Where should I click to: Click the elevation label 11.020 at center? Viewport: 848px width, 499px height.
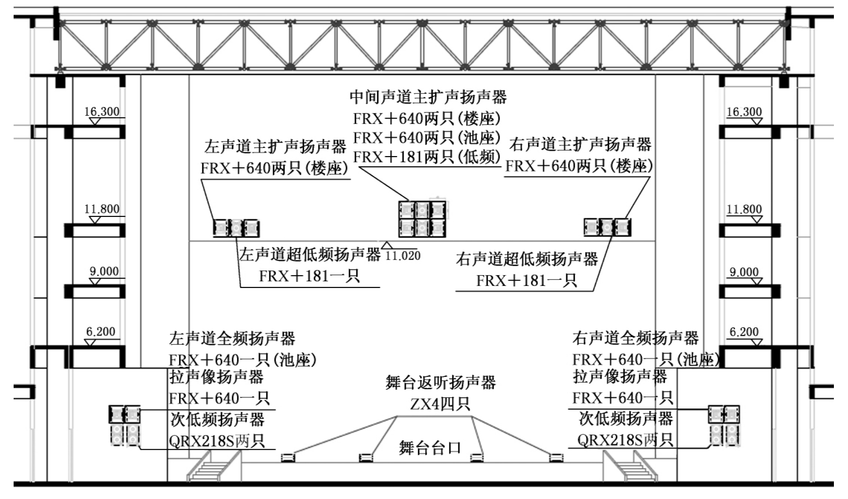(x=403, y=255)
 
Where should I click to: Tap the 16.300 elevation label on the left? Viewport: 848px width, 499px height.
(x=102, y=111)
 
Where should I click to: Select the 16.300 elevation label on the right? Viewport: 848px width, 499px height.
(x=744, y=112)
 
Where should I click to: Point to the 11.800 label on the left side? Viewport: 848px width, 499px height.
(x=102, y=209)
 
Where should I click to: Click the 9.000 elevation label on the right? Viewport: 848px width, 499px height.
(x=744, y=272)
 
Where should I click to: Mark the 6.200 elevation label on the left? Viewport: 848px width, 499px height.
(x=101, y=332)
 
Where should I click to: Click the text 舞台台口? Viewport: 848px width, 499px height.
(x=430, y=447)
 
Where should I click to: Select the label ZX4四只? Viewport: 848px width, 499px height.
(x=440, y=404)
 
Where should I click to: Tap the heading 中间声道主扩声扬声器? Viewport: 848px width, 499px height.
(x=428, y=97)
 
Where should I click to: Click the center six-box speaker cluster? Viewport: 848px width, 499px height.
(x=422, y=219)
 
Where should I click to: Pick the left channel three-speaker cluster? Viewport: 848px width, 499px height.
(x=236, y=228)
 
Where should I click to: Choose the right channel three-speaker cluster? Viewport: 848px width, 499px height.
(x=607, y=227)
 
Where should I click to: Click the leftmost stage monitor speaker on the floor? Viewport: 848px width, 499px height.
(x=288, y=457)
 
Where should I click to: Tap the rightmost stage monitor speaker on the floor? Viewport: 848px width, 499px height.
(x=556, y=457)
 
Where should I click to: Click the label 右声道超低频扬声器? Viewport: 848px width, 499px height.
(x=527, y=259)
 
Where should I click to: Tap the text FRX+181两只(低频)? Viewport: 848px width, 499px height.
(x=426, y=157)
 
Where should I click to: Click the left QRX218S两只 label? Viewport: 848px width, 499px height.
(x=217, y=441)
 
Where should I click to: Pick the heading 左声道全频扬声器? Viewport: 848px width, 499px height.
(x=232, y=338)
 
